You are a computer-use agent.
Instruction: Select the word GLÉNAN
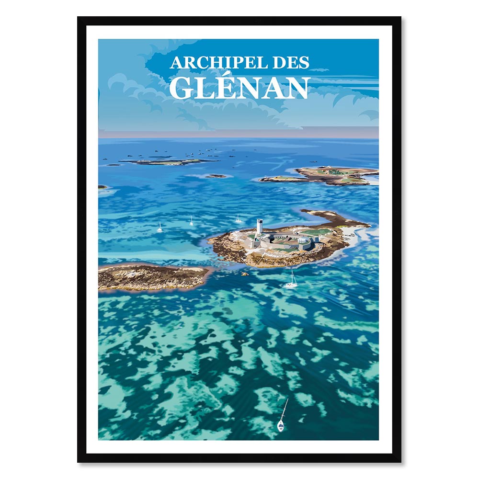pyautogui.click(x=239, y=88)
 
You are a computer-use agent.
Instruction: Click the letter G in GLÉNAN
pyautogui.click(x=182, y=88)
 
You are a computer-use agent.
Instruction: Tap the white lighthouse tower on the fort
pyautogui.click(x=259, y=227)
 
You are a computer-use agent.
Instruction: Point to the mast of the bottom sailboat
pyautogui.click(x=284, y=410)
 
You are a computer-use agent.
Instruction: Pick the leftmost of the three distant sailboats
pyautogui.click(x=160, y=229)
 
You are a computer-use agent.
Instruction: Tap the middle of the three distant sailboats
pyautogui.click(x=191, y=222)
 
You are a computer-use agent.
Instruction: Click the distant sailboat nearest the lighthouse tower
pyautogui.click(x=238, y=219)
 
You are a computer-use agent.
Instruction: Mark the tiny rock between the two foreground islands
pyautogui.click(x=245, y=274)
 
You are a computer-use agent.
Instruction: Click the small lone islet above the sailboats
pyautogui.click(x=216, y=176)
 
